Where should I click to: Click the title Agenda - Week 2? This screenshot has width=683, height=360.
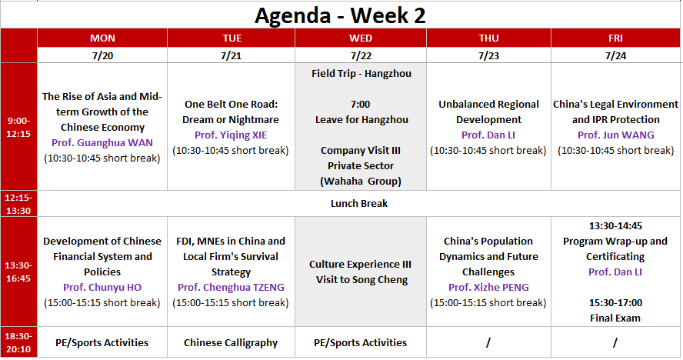(x=340, y=15)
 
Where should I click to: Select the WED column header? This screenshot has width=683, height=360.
(x=361, y=38)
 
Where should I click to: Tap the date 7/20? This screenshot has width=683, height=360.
(x=102, y=56)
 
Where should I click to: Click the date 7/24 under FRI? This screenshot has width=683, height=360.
(x=615, y=56)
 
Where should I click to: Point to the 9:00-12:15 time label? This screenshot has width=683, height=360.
(x=18, y=127)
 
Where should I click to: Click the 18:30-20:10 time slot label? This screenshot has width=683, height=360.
(x=18, y=342)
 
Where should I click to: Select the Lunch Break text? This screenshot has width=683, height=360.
(x=359, y=204)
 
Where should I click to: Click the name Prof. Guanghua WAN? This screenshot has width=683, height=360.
(x=102, y=143)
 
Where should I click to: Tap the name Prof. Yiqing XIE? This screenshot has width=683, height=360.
(x=231, y=135)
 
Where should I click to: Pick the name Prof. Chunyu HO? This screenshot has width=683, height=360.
(x=102, y=287)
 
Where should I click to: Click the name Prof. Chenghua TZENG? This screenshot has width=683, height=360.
(x=231, y=287)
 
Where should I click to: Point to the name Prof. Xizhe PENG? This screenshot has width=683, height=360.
(x=488, y=287)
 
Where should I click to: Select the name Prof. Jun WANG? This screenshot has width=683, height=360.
(x=616, y=135)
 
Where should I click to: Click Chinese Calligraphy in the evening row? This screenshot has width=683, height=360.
(x=231, y=343)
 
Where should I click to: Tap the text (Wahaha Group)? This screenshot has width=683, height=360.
(x=361, y=182)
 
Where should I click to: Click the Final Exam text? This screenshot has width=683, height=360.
(x=615, y=318)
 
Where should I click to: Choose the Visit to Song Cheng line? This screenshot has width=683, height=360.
(x=362, y=280)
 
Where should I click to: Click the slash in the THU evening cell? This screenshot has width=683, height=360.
(x=488, y=343)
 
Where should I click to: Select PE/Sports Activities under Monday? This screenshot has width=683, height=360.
(x=102, y=343)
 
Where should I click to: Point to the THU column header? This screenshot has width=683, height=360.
(x=488, y=38)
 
